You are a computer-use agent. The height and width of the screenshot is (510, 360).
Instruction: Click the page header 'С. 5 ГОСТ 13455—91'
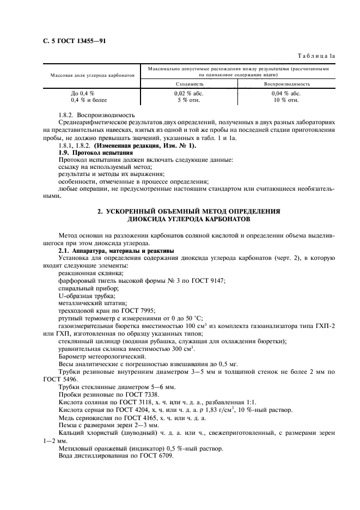coord(74,41)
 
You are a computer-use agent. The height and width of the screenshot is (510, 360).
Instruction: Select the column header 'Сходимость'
coord(190,84)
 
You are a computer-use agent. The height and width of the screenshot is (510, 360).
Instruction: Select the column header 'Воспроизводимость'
coord(287,84)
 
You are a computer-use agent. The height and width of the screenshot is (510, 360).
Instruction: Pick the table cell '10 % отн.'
coord(286,100)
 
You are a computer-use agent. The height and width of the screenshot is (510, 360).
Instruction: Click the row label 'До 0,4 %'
coord(82,94)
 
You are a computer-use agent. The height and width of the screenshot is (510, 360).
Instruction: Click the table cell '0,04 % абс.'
coord(286,94)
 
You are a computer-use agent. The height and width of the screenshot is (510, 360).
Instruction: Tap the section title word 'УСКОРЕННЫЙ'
coord(133,210)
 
